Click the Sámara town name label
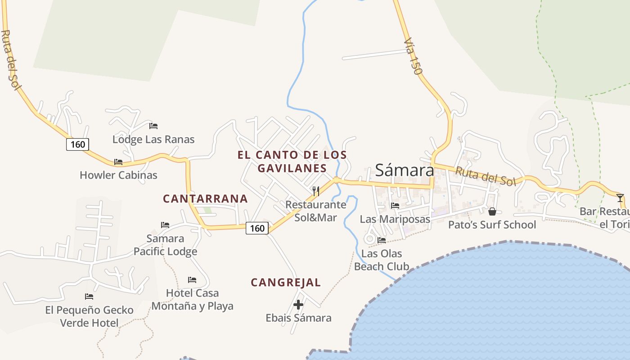click(404, 170)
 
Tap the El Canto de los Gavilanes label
click(292, 162)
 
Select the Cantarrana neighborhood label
click(205, 198)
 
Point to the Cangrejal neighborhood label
click(286, 283)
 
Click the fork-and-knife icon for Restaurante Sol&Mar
click(316, 191)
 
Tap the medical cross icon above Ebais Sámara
click(298, 305)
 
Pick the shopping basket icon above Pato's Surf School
click(492, 211)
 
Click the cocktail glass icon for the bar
click(620, 198)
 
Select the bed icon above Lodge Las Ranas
click(153, 126)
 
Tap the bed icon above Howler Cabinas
click(118, 162)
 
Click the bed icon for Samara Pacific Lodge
click(165, 225)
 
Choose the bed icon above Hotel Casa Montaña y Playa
click(192, 280)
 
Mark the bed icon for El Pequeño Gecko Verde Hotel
click(89, 297)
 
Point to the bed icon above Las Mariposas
click(395, 206)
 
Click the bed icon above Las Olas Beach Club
click(382, 240)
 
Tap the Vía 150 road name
click(413, 56)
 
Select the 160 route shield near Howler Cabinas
click(77, 144)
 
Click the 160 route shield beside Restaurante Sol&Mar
click(257, 229)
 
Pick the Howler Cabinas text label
click(118, 175)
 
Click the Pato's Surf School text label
click(492, 225)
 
